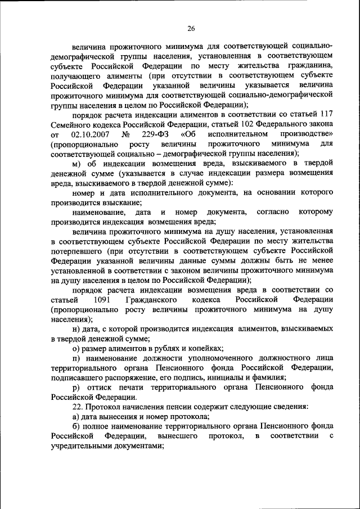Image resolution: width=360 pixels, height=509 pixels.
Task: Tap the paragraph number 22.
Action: pos(78,406)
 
